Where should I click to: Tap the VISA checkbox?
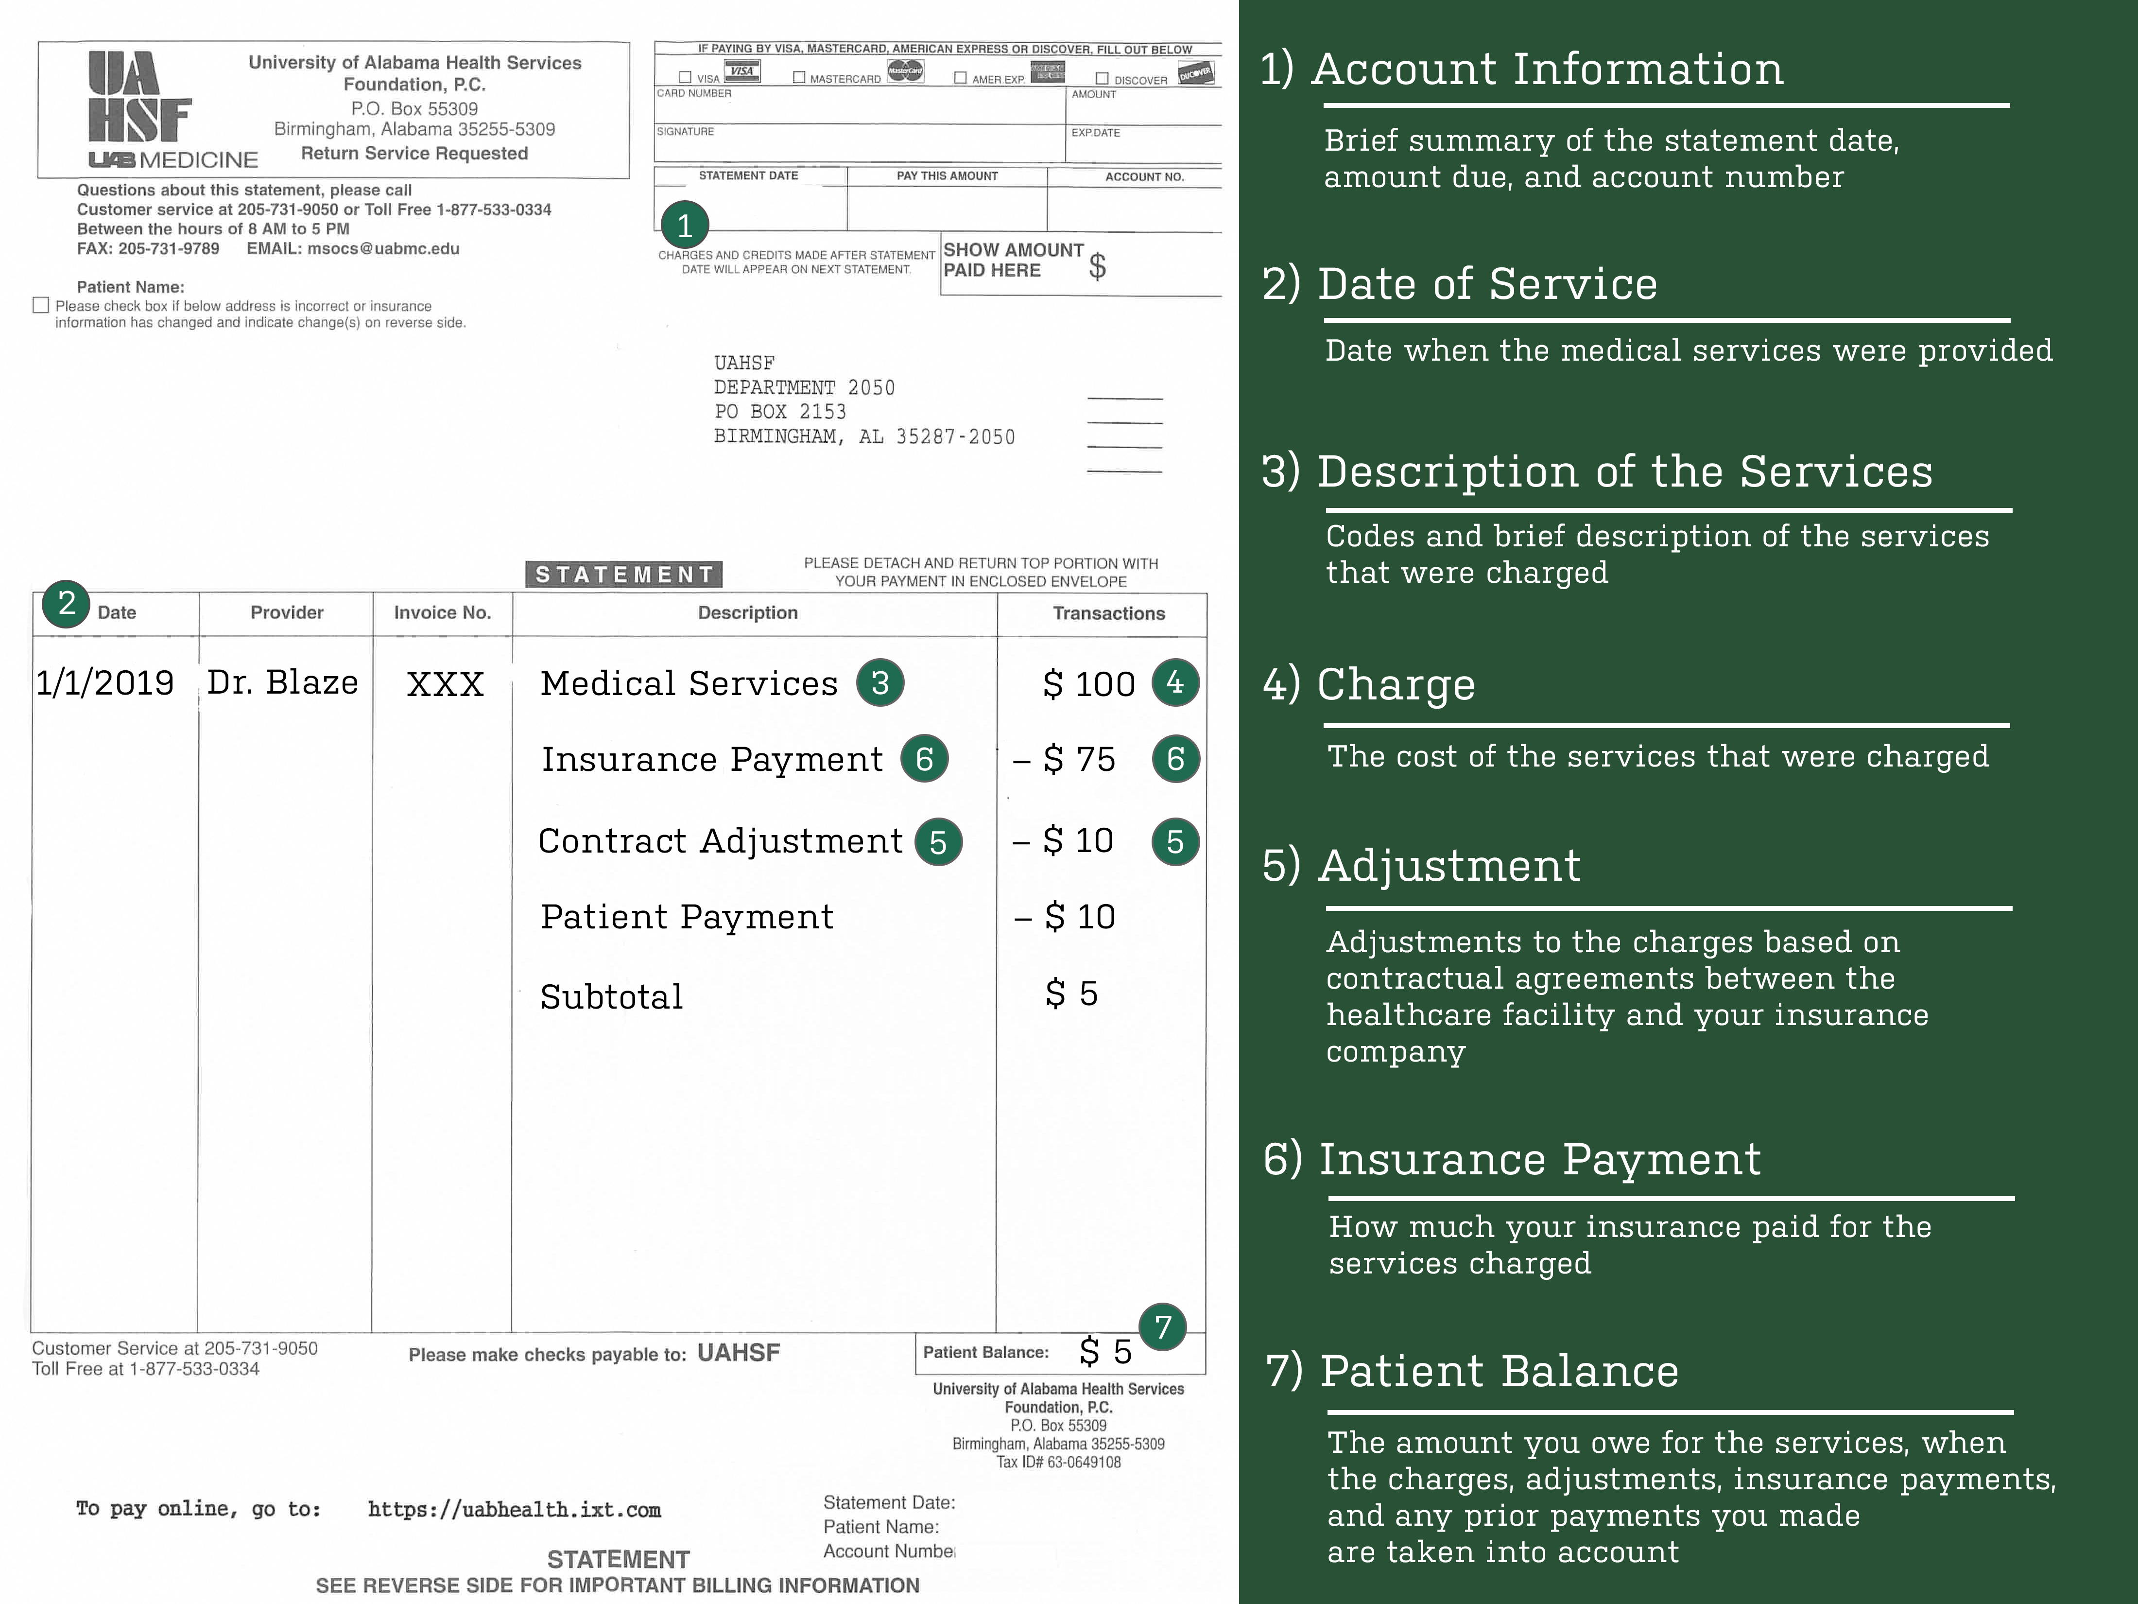click(685, 77)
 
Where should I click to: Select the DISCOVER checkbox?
click(1102, 78)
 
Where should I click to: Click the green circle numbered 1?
click(685, 225)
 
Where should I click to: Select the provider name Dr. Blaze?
click(282, 682)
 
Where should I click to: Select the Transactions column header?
click(1109, 613)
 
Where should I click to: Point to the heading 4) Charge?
click(1369, 684)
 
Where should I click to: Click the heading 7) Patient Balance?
click(1472, 1371)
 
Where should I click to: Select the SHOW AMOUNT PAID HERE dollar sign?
click(1097, 266)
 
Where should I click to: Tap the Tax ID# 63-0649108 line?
click(1058, 1462)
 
